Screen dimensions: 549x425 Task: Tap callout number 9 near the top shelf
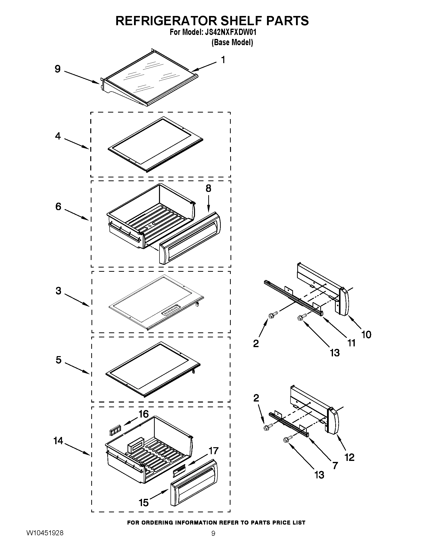tap(58, 69)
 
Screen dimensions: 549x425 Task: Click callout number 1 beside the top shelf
tap(223, 60)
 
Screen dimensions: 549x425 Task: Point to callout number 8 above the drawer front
tap(208, 188)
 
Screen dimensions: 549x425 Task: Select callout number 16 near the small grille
tap(143, 414)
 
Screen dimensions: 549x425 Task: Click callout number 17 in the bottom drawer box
tap(213, 451)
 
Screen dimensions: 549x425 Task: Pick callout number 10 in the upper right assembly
tap(366, 335)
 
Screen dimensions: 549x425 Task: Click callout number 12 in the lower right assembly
tap(349, 457)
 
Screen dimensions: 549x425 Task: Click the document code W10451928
tap(45, 540)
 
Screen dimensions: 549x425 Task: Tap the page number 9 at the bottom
tap(213, 540)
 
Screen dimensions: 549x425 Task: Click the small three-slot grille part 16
tap(115, 432)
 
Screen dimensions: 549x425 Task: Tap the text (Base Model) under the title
tap(232, 42)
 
